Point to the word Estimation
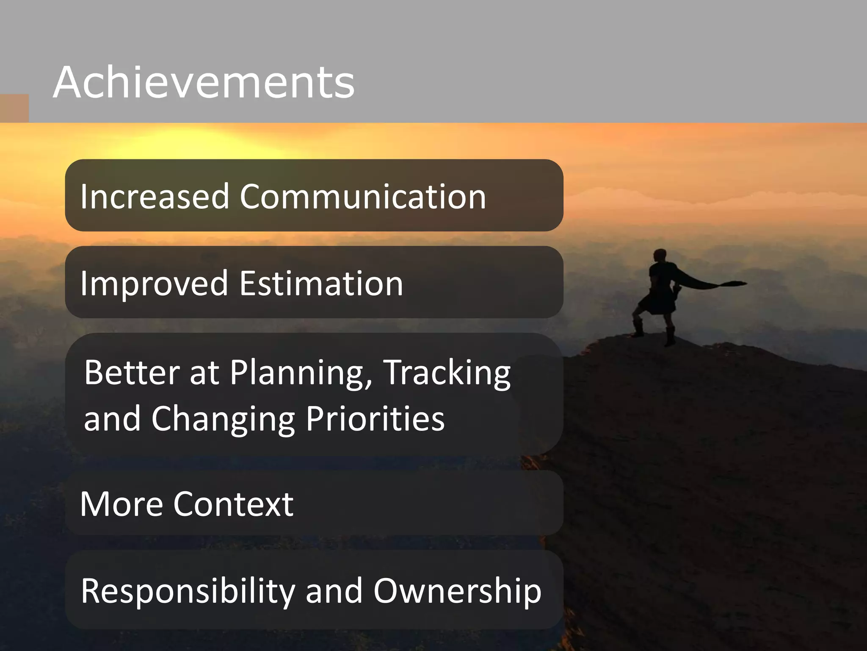(x=321, y=283)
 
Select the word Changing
(x=223, y=419)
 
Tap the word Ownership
(x=457, y=591)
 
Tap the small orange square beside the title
(x=14, y=108)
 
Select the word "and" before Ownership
(x=334, y=591)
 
